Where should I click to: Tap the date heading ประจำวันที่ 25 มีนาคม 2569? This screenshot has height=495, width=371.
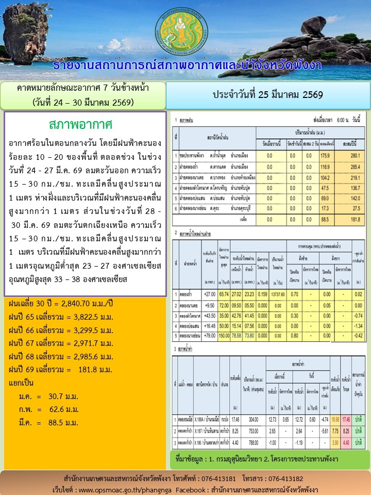(x=267, y=95)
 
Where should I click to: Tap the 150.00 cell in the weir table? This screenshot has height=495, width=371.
(x=224, y=334)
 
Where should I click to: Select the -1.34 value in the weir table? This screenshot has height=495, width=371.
(x=359, y=324)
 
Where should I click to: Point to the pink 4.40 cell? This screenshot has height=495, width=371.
(x=346, y=442)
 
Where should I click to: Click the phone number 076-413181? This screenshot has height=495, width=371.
(x=216, y=478)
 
